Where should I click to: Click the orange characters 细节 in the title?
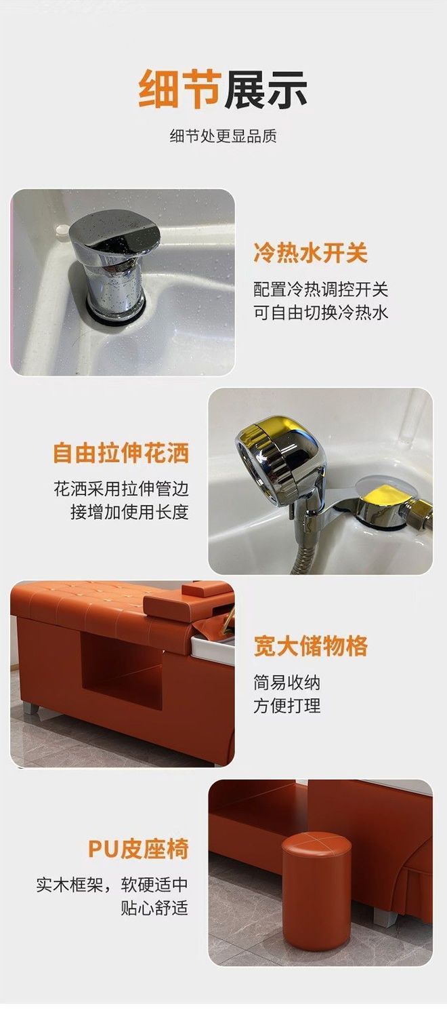click(x=179, y=89)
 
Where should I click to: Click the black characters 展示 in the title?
click(x=265, y=89)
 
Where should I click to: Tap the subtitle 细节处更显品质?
click(x=223, y=136)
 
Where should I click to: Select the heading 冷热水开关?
click(x=310, y=252)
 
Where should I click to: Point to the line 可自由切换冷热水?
click(x=320, y=313)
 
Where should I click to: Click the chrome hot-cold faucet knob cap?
click(x=116, y=232)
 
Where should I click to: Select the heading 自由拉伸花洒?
click(x=121, y=453)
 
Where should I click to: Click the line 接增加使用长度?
click(x=129, y=513)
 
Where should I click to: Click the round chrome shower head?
click(x=279, y=458)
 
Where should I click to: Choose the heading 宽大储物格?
click(x=310, y=646)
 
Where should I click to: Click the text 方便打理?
click(x=287, y=706)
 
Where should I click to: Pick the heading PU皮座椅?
click(x=138, y=849)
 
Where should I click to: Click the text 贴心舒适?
click(x=154, y=909)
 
